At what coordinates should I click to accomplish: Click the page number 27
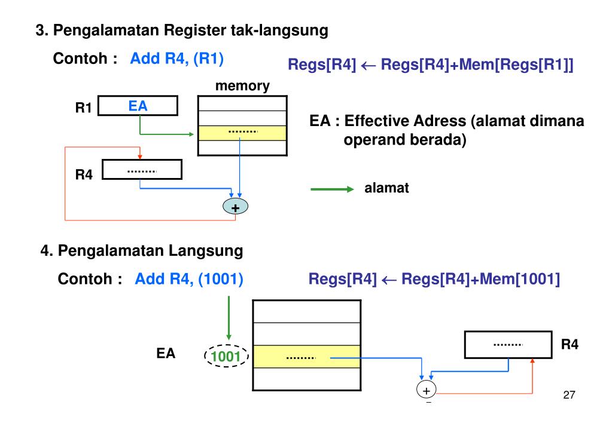pos(572,396)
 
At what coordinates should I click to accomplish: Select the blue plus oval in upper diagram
pos(235,207)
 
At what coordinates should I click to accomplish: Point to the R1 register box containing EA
pos(138,106)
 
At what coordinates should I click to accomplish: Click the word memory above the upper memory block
pos(242,86)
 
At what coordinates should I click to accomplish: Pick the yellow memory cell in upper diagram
pos(242,133)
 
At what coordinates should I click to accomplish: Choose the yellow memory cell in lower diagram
pos(307,357)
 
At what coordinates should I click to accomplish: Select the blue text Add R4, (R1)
pos(178,60)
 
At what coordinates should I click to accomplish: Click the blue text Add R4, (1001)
pos(188,279)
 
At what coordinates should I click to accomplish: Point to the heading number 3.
pos(41,30)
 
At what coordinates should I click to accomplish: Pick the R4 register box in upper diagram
pos(142,170)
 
